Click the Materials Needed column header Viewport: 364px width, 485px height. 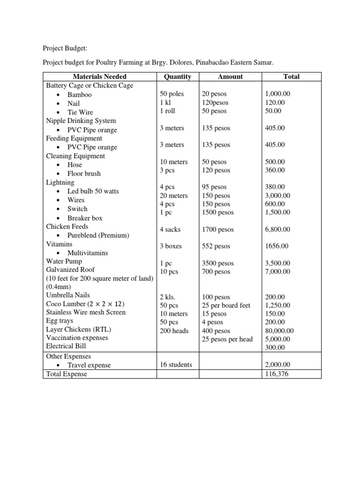point(100,77)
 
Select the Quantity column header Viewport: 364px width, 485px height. point(177,77)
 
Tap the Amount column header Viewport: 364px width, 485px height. point(230,77)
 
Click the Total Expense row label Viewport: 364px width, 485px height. point(67,374)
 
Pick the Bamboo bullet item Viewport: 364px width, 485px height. point(80,95)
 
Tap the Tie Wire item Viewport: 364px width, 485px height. point(80,112)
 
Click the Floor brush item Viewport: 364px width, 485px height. point(84,173)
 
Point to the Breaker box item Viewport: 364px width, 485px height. point(85,218)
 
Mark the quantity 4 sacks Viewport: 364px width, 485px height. point(171,230)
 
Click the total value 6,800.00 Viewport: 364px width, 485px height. point(278,230)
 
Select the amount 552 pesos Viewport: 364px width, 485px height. point(216,246)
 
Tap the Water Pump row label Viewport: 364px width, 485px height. point(64,261)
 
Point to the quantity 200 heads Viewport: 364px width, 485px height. point(174,331)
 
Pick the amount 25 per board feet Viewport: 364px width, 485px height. point(226,305)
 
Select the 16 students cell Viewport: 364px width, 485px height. point(176,365)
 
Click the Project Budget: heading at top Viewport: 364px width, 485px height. point(65,48)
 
